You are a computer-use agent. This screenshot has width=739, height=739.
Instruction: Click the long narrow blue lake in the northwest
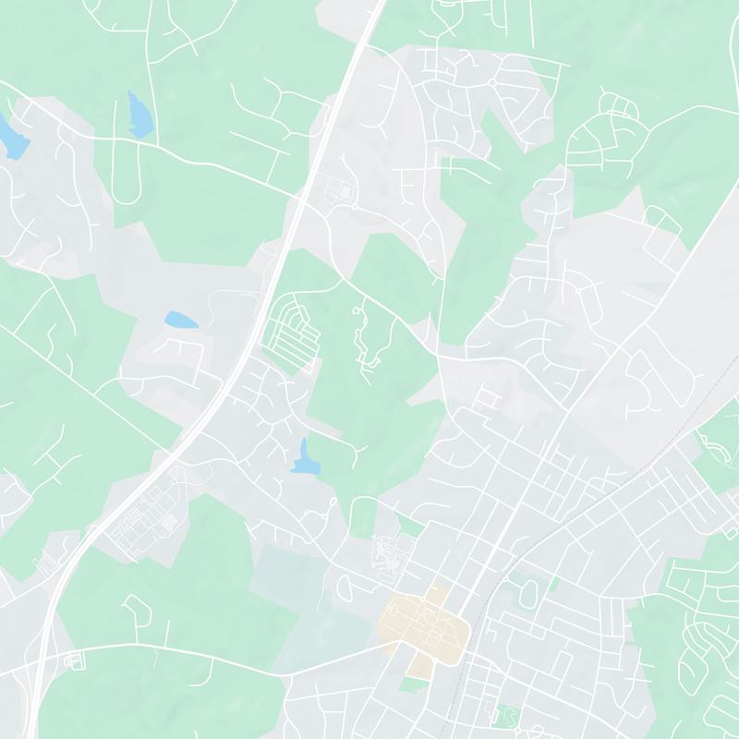click(x=139, y=112)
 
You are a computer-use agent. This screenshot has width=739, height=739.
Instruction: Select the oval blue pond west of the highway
click(x=181, y=321)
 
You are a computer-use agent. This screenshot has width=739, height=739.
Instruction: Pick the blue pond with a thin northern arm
click(x=303, y=458)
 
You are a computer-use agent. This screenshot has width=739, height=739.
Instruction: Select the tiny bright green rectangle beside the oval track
click(x=554, y=584)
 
